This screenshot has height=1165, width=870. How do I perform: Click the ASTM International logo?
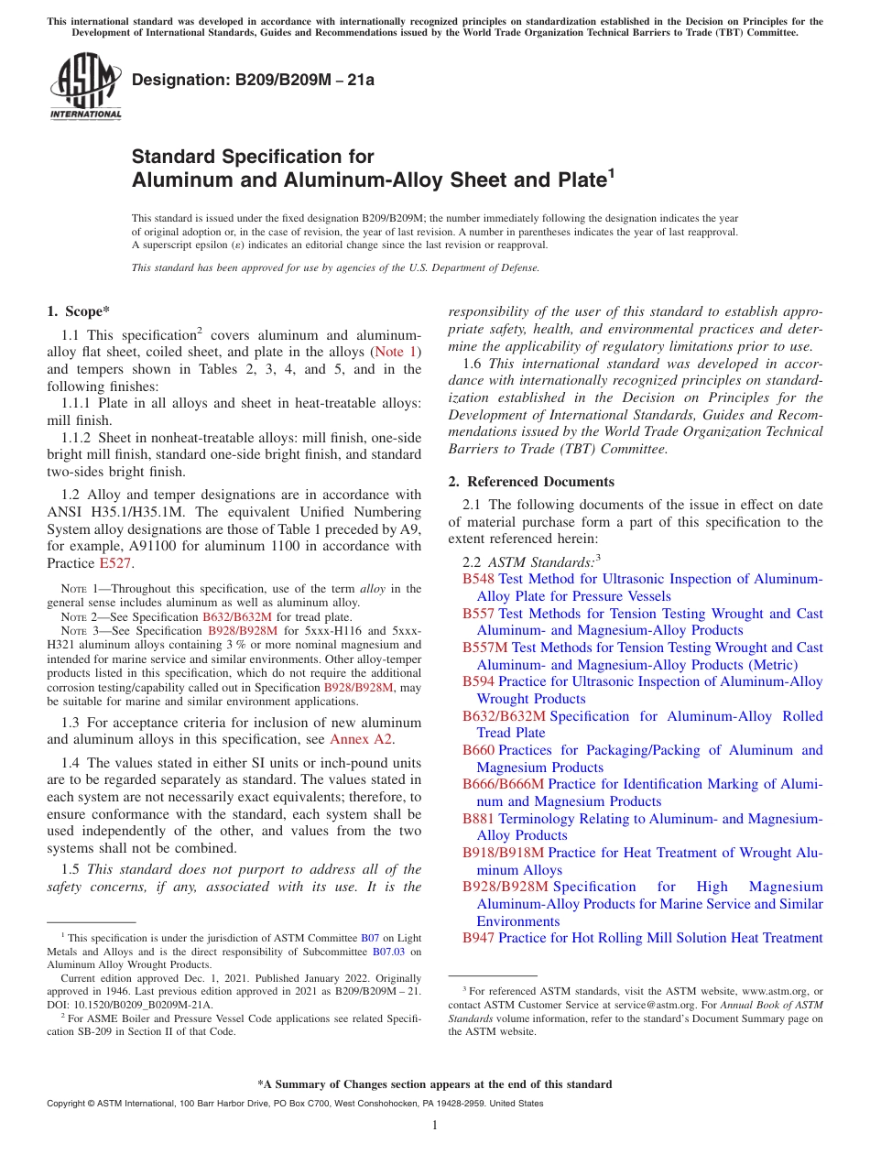click(x=85, y=86)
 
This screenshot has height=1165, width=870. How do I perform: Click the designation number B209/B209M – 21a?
click(x=253, y=81)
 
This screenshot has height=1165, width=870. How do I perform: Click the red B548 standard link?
click(x=478, y=579)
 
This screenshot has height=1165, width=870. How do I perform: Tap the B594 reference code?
click(x=478, y=681)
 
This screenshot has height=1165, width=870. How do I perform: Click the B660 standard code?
click(x=478, y=750)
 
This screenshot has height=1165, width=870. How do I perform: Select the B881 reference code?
click(x=478, y=819)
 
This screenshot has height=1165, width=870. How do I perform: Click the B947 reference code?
click(x=478, y=938)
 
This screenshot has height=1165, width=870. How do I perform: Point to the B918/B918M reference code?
click(x=504, y=853)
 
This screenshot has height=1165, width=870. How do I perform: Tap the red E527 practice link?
click(x=115, y=563)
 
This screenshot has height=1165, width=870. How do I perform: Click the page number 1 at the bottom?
click(x=435, y=1126)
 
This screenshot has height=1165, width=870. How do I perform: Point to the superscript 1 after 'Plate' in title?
click(x=612, y=172)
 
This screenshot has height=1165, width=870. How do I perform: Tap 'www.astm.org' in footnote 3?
click(x=771, y=991)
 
